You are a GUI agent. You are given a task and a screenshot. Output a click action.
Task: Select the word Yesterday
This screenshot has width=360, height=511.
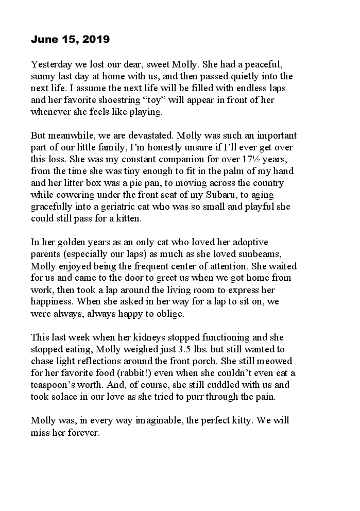click(50, 65)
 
